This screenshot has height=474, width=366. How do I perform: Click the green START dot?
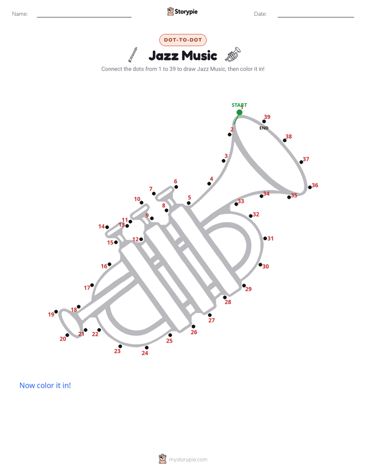[x=239, y=112]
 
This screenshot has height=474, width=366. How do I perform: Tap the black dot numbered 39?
[x=264, y=122]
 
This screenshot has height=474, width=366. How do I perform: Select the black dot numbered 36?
[x=310, y=187]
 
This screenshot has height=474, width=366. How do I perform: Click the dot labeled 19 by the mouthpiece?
[x=56, y=312]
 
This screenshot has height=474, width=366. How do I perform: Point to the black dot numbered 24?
[x=147, y=348]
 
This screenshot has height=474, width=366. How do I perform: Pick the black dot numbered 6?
[x=176, y=187]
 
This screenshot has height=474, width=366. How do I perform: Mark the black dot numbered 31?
[x=265, y=239]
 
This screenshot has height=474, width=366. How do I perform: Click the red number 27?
[x=212, y=321]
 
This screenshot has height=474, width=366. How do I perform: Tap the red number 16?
[x=104, y=266]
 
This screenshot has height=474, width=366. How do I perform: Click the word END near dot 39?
[x=264, y=128]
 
